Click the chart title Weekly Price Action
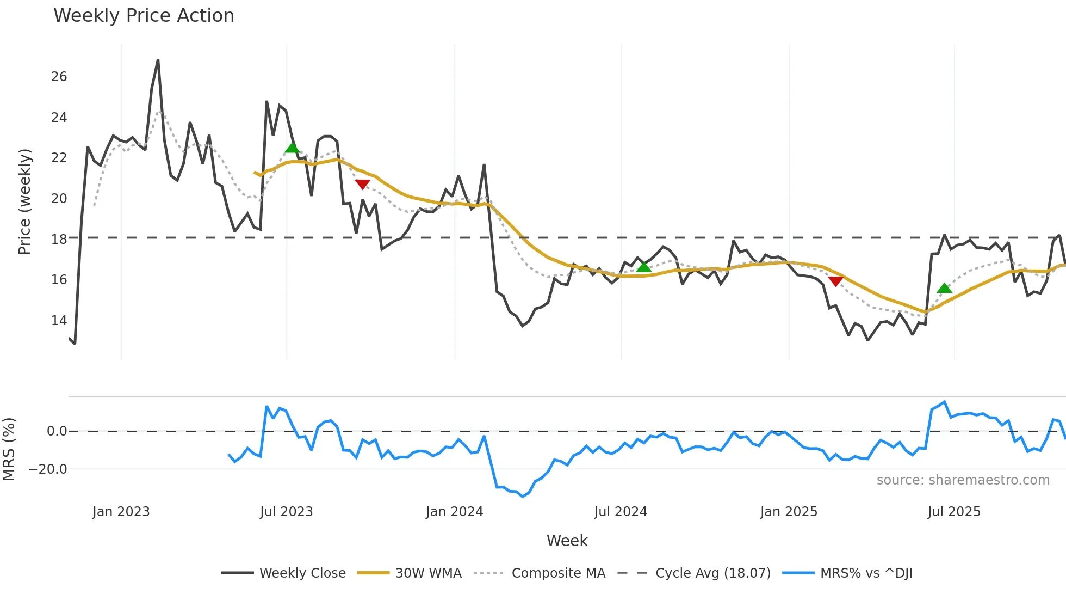click(144, 16)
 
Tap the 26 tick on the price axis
click(59, 77)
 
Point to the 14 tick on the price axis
click(59, 321)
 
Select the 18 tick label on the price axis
click(59, 239)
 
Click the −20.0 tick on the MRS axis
click(48, 469)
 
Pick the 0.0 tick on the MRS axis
click(57, 431)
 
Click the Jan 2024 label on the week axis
click(454, 512)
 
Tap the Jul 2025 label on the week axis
click(954, 512)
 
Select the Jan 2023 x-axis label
click(121, 512)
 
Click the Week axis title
click(567, 541)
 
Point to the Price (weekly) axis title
click(24, 201)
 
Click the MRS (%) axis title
click(9, 449)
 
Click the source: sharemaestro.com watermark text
click(963, 480)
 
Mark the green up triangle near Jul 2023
click(292, 148)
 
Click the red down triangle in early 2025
click(835, 281)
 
